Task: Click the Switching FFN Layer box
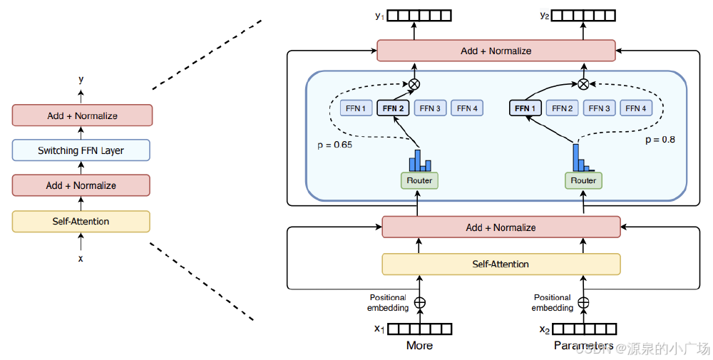[81, 150]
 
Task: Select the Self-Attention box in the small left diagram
[81, 222]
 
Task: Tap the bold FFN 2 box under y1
[394, 108]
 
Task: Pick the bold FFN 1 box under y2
[525, 108]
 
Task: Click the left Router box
[419, 180]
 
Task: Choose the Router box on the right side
[583, 180]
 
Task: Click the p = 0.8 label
[660, 140]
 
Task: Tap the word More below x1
[419, 346]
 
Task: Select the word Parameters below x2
[583, 346]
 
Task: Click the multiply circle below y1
[414, 84]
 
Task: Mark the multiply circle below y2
[583, 84]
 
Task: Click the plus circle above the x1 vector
[420, 302]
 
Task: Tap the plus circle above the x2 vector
[583, 302]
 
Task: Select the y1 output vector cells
[420, 14]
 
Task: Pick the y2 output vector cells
[584, 14]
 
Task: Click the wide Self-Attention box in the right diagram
[501, 264]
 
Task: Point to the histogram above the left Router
[419, 158]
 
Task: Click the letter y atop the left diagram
[81, 80]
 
